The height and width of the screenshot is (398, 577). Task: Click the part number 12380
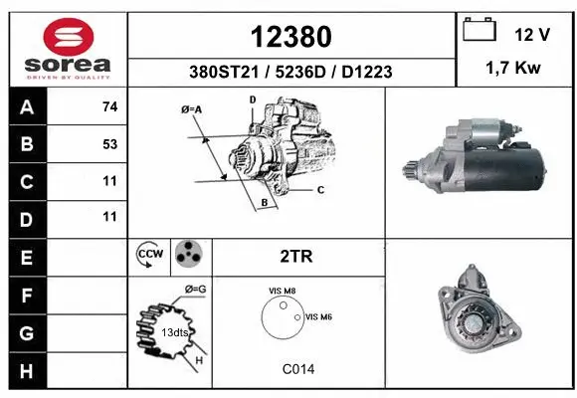pyautogui.click(x=290, y=37)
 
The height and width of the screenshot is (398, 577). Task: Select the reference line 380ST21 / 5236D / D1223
pyautogui.click(x=290, y=72)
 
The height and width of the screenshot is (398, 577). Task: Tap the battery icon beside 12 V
pyautogui.click(x=480, y=31)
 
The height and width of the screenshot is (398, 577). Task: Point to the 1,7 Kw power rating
pyautogui.click(x=513, y=71)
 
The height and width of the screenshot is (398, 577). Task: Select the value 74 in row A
pyautogui.click(x=109, y=105)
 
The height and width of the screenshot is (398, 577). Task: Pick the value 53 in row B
pyautogui.click(x=109, y=143)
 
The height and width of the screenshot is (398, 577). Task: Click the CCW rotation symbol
pyautogui.click(x=149, y=256)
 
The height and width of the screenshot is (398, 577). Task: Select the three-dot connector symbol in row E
pyautogui.click(x=187, y=255)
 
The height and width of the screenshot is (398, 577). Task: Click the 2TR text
pyautogui.click(x=297, y=256)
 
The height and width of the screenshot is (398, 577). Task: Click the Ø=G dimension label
pyautogui.click(x=195, y=290)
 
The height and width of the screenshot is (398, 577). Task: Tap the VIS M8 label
pyautogui.click(x=283, y=291)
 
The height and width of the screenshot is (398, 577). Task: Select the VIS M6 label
pyautogui.click(x=319, y=316)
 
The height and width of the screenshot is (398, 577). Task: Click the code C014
pyautogui.click(x=297, y=368)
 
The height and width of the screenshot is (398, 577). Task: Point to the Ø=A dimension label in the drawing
pyautogui.click(x=193, y=109)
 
